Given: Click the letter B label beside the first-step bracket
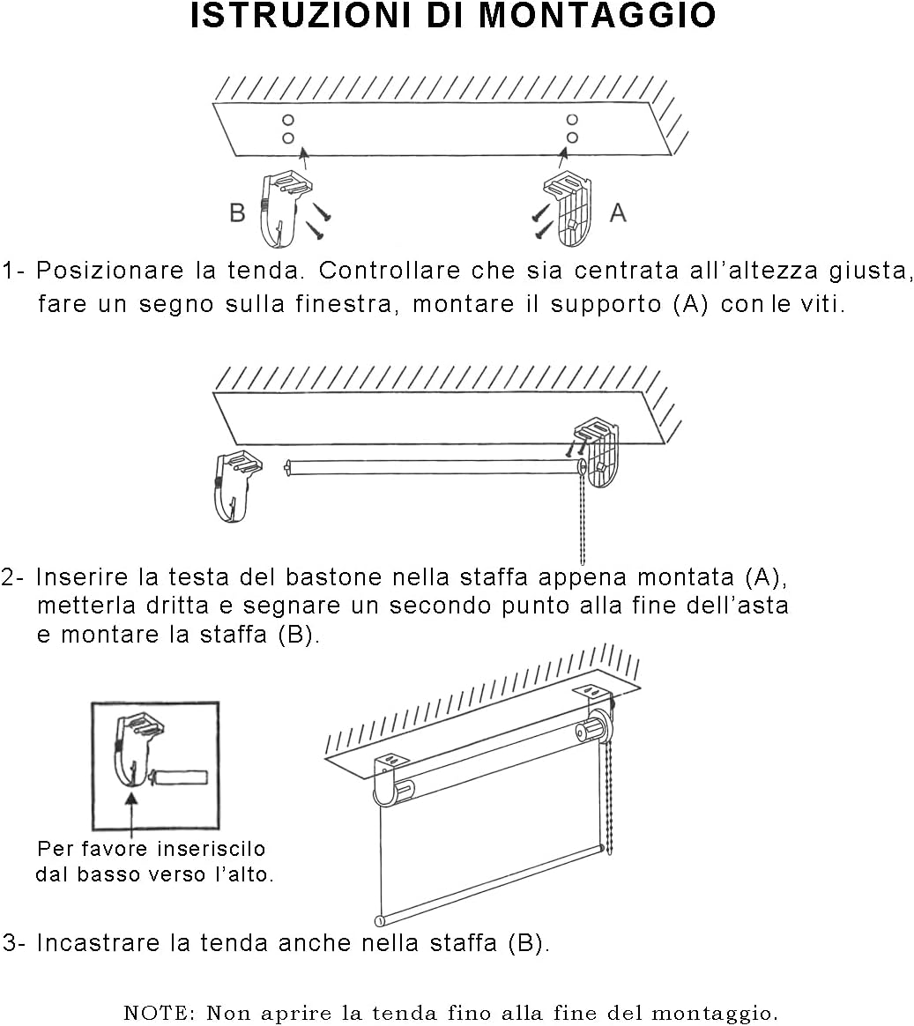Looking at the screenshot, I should click(x=237, y=213).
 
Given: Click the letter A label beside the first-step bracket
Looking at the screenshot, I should click(x=618, y=212).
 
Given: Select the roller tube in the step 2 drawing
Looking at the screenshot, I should click(x=432, y=466).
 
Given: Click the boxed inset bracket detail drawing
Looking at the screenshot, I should click(x=155, y=765).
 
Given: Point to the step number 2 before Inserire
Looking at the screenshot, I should click(x=10, y=578).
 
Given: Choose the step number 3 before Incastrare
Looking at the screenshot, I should click(x=10, y=943).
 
